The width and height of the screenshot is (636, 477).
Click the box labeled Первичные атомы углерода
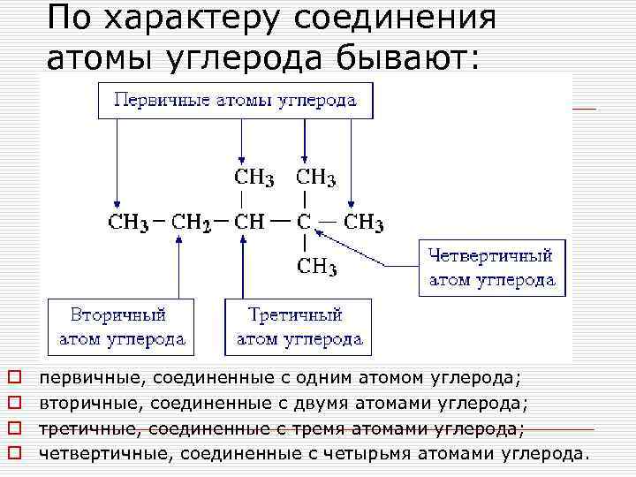coord(235,99)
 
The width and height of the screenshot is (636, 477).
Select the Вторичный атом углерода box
coord(121,326)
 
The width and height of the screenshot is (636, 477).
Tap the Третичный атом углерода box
coord(298,326)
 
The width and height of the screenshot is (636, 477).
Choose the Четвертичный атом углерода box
coord(492,268)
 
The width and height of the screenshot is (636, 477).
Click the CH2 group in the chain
coord(190,222)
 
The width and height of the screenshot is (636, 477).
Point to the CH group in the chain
coord(249,221)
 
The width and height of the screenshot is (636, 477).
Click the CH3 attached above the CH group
coord(254,178)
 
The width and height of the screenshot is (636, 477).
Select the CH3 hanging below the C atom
coord(316,265)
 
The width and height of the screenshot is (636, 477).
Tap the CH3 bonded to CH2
coord(127,222)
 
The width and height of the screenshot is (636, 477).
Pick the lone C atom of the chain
coord(304,221)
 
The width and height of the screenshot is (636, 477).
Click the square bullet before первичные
coord(13,379)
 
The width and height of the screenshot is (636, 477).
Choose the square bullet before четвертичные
coord(13,455)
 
